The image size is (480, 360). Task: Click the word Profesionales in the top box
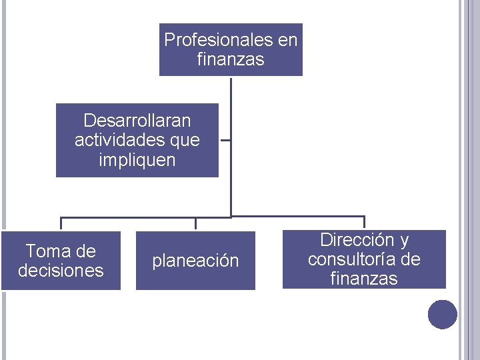click(x=218, y=41)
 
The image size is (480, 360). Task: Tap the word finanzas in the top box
click(x=231, y=59)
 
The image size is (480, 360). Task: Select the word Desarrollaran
click(x=137, y=121)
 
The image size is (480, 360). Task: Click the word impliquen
click(x=137, y=160)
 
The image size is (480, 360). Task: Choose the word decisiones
click(x=61, y=271)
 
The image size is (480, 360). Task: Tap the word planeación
click(x=195, y=261)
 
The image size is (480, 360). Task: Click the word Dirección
click(x=355, y=240)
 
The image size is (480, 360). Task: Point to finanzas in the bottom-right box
click(x=364, y=279)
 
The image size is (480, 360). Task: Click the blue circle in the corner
click(x=443, y=314)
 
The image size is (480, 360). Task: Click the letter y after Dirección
click(x=404, y=240)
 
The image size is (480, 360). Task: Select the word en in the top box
click(x=288, y=41)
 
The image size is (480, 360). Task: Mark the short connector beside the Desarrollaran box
click(x=225, y=141)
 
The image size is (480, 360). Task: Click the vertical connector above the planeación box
click(x=195, y=224)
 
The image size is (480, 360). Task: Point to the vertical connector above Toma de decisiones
click(x=61, y=224)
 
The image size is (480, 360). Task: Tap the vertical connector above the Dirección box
click(x=364, y=223)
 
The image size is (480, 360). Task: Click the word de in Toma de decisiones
click(x=86, y=251)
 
